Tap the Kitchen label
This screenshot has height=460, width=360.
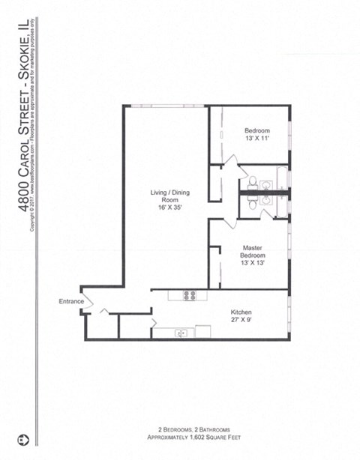click(241, 311)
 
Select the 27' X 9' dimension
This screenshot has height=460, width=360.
click(241, 319)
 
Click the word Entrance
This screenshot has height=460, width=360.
click(70, 302)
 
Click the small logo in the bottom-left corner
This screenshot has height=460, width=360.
click(23, 437)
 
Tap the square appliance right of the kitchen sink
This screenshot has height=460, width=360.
click(204, 332)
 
